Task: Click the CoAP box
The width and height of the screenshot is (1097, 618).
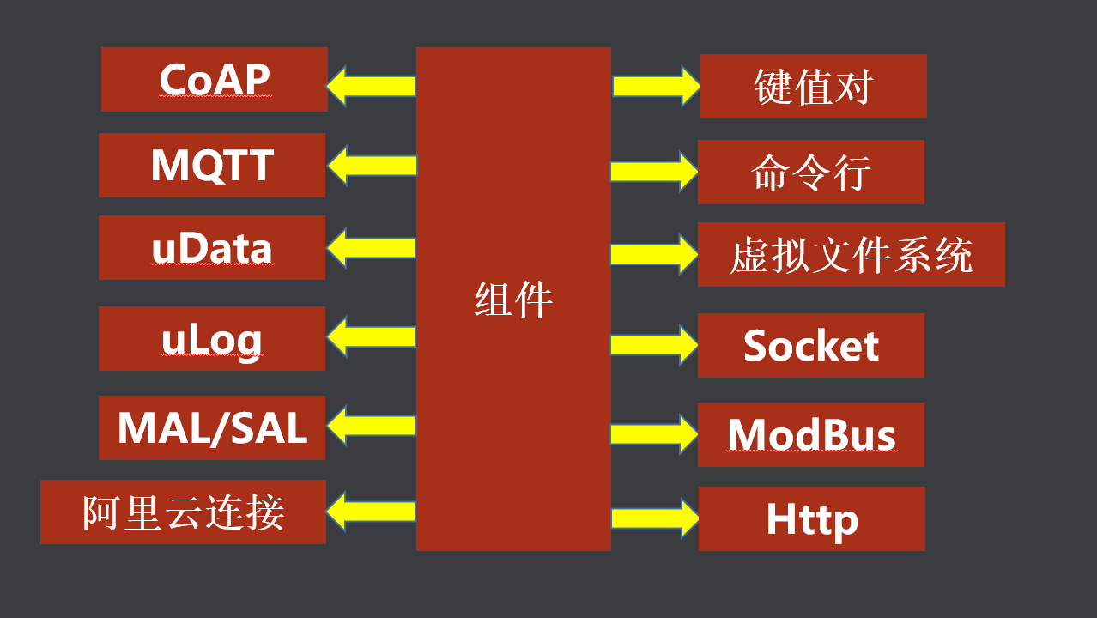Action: [x=214, y=79]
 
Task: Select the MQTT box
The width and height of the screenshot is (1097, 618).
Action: [x=212, y=165]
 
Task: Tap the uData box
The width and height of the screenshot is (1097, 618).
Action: [x=212, y=247]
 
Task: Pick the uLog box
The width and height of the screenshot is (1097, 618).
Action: [x=212, y=338]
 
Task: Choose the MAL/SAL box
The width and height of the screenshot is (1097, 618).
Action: [x=212, y=427]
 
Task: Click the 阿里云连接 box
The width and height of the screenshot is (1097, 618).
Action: [x=183, y=512]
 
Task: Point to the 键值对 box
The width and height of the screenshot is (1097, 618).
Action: [x=813, y=86]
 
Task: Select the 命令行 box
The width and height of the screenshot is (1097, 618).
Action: [x=810, y=172]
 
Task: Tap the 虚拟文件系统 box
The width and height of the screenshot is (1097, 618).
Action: [x=851, y=254]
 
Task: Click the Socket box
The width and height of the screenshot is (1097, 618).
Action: [x=810, y=345]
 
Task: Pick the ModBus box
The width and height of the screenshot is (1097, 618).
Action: [x=810, y=434]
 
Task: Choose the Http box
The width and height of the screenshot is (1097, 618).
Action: [x=811, y=518]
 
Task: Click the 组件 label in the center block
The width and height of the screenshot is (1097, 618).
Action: [x=513, y=300]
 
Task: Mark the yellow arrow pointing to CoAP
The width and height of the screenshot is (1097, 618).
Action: [x=371, y=86]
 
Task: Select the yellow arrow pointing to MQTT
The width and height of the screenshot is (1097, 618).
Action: [x=371, y=165]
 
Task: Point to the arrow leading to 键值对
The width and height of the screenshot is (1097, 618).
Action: [x=655, y=86]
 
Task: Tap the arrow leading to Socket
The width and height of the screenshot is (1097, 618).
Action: [x=654, y=345]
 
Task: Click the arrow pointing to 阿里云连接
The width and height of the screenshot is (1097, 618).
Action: [x=371, y=512]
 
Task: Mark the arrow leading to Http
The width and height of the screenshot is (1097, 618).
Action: [x=654, y=518]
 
